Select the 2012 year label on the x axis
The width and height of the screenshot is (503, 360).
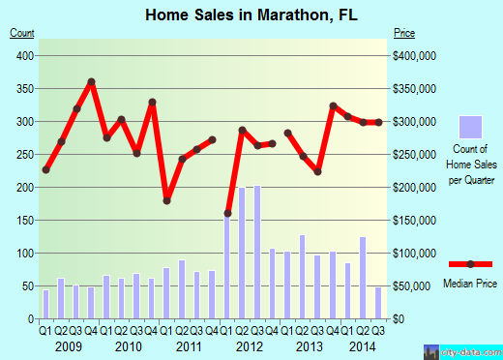pos(250,345)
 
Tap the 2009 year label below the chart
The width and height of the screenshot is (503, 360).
pos(68,345)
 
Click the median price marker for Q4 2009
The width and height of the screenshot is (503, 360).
pos(91,81)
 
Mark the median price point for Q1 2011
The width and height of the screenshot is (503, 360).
pos(166,200)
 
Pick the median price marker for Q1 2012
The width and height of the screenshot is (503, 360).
pos(227,213)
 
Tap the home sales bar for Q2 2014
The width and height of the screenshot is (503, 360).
pos(363,277)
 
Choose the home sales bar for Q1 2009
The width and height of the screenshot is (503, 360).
pos(45,303)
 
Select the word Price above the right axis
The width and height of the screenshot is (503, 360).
pos(404,33)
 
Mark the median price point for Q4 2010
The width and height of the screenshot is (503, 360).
pos(152,102)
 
